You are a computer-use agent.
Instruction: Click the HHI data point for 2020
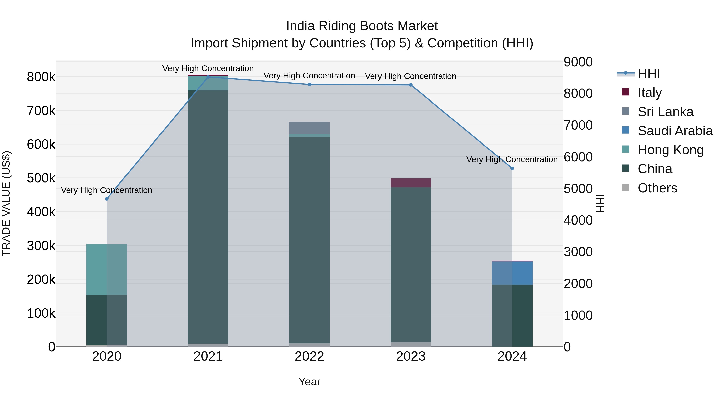[x=107, y=199]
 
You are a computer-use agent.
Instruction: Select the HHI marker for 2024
[x=512, y=169]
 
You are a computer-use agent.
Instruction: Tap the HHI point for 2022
[x=310, y=85]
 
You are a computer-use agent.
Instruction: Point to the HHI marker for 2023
[x=411, y=85]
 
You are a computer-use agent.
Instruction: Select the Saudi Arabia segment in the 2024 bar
[x=512, y=273]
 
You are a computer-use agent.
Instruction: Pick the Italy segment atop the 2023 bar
[x=411, y=183]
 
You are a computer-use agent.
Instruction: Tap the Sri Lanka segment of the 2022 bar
[x=310, y=128]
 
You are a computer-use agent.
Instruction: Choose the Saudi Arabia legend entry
[x=675, y=131]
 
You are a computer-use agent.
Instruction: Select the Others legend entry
[x=657, y=188]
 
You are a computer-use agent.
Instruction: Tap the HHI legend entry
[x=649, y=74]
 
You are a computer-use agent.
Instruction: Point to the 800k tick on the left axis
[x=41, y=77]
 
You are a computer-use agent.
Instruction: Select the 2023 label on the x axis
[x=411, y=356]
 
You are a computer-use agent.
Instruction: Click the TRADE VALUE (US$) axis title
[x=6, y=203]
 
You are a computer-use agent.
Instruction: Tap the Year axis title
[x=310, y=382]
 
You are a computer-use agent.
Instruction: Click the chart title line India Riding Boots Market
[x=362, y=26]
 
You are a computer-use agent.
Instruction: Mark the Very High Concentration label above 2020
[x=107, y=190]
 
